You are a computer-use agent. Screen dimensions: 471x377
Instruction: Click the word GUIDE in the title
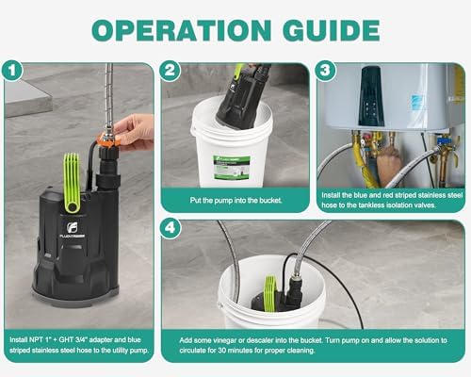[332, 30]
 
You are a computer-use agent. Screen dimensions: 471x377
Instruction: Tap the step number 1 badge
[12, 71]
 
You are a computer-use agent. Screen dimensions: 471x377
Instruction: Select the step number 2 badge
[170, 71]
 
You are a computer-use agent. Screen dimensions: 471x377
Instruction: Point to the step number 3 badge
[325, 71]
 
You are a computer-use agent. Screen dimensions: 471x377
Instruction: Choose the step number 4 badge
[170, 228]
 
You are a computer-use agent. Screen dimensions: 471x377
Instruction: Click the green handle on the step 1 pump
[72, 183]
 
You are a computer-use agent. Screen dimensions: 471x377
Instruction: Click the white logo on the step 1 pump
[73, 228]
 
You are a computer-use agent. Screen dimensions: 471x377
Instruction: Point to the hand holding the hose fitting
[134, 132]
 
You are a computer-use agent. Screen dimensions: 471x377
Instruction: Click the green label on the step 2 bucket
[232, 168]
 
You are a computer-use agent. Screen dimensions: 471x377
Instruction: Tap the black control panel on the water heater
[372, 96]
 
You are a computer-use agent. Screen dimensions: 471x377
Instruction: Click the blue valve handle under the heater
[443, 139]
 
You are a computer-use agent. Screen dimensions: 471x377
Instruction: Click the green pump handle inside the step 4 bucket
[271, 290]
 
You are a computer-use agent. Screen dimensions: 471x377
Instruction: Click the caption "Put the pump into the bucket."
[235, 201]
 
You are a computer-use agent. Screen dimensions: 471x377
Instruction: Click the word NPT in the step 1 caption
[36, 339]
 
